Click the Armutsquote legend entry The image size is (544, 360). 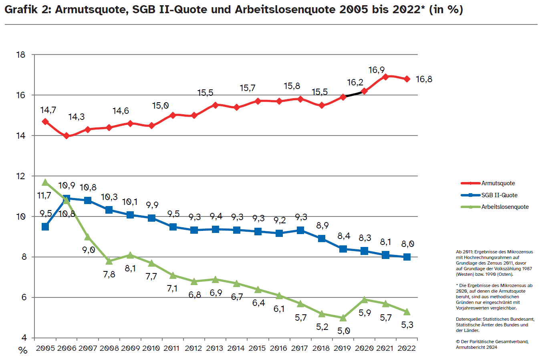click(498, 183)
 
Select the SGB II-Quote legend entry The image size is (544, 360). click(499, 195)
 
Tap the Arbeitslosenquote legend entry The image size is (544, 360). click(505, 207)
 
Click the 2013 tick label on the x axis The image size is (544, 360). click(215, 348)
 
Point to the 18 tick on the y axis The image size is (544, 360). click(21, 55)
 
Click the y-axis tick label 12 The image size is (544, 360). click(21, 176)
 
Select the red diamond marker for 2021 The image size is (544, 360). click(386, 77)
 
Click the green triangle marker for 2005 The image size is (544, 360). click(45, 182)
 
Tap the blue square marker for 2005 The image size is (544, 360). click(45, 227)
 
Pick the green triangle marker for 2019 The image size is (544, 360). click(343, 318)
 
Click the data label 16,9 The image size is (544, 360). click(377, 70)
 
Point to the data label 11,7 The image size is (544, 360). click(44, 196)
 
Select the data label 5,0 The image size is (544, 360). click(344, 331)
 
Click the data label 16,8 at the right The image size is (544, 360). click(424, 79)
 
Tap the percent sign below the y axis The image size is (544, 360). click(23, 350)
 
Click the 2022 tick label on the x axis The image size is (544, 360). click(407, 348)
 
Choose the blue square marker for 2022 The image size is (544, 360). click(407, 257)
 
